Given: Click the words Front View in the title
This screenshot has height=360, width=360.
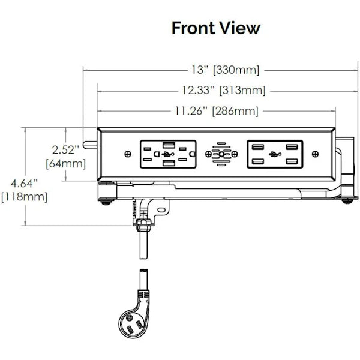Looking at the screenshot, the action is [x=216, y=28].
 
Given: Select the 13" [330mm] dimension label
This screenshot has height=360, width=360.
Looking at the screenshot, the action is [x=226, y=70].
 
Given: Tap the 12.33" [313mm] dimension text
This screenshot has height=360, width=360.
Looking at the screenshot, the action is [x=224, y=90].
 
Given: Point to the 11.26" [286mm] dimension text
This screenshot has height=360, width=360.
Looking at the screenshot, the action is [x=217, y=111].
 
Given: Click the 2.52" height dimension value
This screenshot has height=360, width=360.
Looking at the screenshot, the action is [x=65, y=150].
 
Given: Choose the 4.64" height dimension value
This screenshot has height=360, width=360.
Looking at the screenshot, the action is [x=24, y=184].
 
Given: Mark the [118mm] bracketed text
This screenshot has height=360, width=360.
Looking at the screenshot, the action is [x=25, y=197].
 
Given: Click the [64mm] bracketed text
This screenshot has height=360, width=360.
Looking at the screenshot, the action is [x=66, y=164].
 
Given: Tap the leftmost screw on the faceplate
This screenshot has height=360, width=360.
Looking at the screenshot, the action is [x=128, y=154].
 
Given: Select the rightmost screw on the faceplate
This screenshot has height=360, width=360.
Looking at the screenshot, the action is [x=316, y=154].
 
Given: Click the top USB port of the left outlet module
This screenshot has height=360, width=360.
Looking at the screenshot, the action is [x=169, y=145].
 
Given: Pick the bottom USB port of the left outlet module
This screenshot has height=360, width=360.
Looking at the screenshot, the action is [x=169, y=163].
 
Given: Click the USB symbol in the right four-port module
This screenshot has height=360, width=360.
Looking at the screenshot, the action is [x=275, y=154].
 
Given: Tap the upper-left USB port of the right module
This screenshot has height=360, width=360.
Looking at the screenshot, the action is [x=257, y=147].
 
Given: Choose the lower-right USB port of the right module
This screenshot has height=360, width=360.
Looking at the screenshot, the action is [x=292, y=161].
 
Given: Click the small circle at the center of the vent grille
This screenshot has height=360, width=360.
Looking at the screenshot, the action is [x=221, y=154].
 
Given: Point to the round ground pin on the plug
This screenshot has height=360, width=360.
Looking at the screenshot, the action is [x=129, y=318].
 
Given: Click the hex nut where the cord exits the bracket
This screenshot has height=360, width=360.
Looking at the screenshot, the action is [x=145, y=222].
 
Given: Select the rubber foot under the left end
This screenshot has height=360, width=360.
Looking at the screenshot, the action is [x=106, y=203].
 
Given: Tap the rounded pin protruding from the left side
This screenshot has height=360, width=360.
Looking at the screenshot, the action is [x=90, y=145].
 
